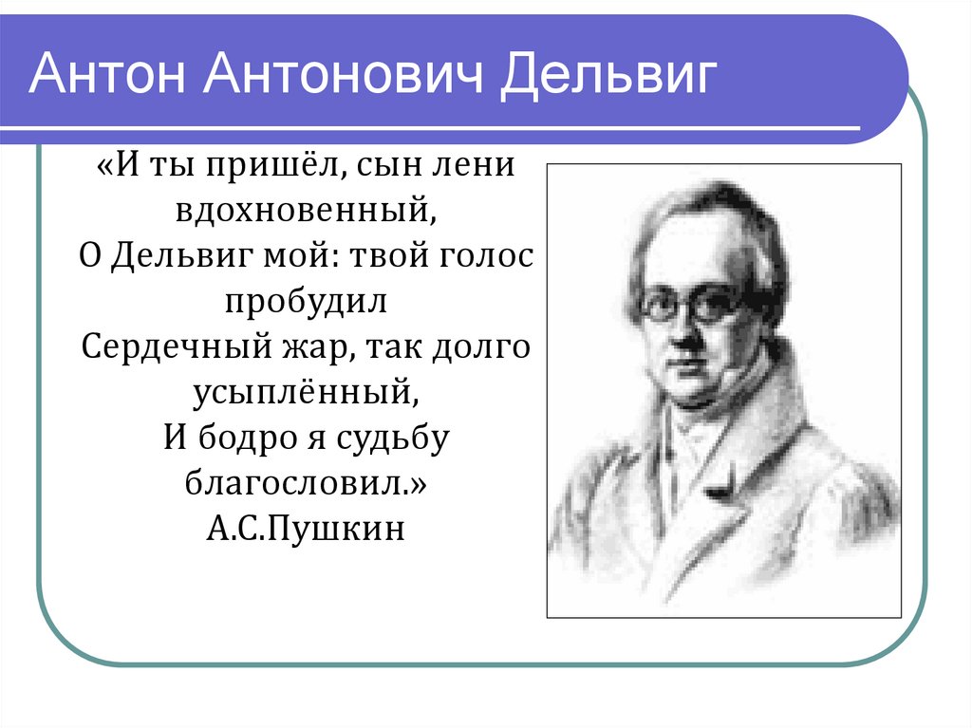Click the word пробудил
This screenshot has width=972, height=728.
click(307, 301)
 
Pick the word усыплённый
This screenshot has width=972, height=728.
click(306, 391)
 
